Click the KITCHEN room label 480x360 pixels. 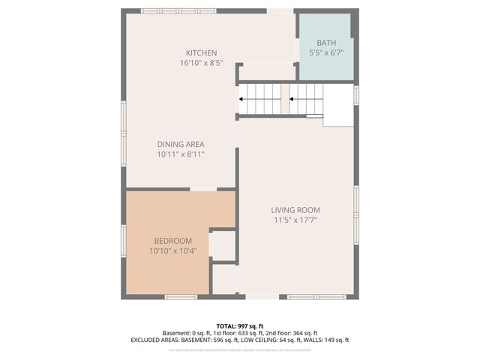(x=202, y=53)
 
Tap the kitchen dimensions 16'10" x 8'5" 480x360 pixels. (x=202, y=63)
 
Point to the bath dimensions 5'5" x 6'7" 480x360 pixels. (x=326, y=53)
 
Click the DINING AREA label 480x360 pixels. (x=181, y=144)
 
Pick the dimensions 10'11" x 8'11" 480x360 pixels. (x=181, y=154)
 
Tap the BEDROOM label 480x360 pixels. (x=173, y=241)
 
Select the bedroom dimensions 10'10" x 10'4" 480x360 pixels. (x=173, y=250)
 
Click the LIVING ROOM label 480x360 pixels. (x=296, y=210)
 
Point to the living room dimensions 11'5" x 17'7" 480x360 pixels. (x=296, y=220)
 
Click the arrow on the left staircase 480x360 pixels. (x=243, y=99)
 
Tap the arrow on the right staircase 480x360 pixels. (x=294, y=99)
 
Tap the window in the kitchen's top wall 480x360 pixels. (x=178, y=11)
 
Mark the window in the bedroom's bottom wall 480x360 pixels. (x=181, y=297)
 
